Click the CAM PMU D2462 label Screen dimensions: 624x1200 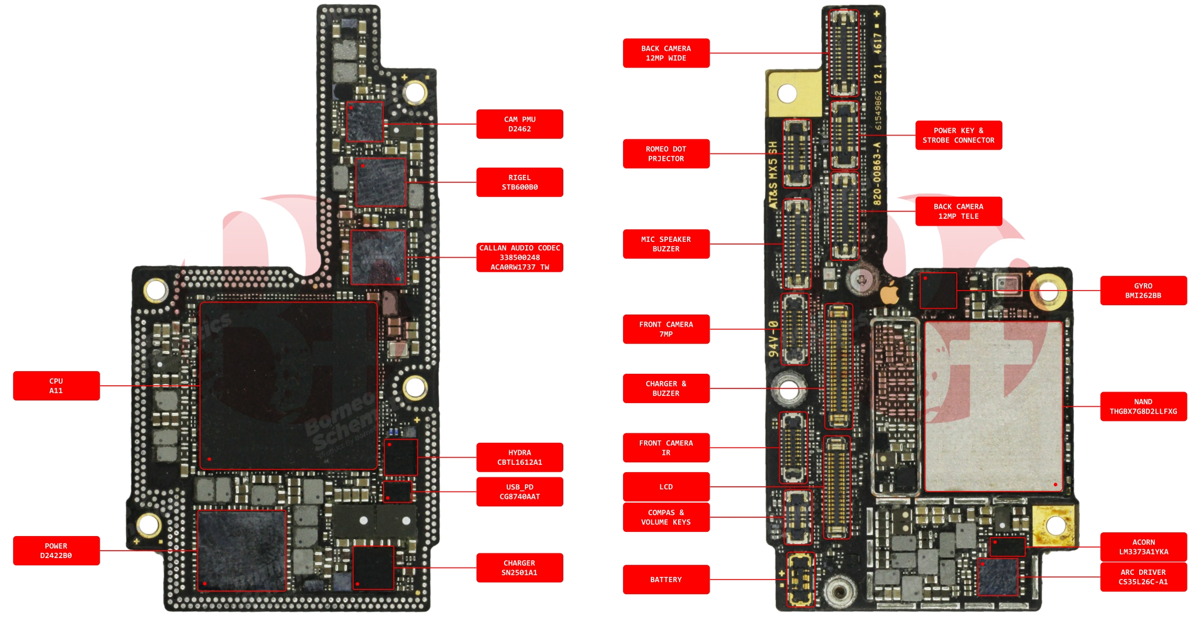click(519, 124)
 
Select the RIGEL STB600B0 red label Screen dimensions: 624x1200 click(519, 182)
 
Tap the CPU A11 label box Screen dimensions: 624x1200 click(56, 386)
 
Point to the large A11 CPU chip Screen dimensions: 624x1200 click(288, 386)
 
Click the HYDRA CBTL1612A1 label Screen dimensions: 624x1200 click(519, 458)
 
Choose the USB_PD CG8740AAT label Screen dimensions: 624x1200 click(519, 492)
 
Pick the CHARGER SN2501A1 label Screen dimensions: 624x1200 click(519, 568)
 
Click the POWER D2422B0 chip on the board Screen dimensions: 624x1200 click(242, 551)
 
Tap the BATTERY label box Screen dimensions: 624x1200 click(666, 580)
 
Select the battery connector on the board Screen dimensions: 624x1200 click(800, 580)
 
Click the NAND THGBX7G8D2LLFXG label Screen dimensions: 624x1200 click(1143, 406)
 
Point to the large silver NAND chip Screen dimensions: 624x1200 click(994, 406)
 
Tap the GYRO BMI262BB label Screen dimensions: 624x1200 click(1143, 291)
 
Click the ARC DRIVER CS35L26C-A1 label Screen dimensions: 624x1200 click(1143, 577)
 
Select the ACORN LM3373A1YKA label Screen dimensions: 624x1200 click(1143, 547)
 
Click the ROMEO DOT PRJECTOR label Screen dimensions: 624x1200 click(666, 154)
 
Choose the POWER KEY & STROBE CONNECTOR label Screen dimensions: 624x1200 click(958, 136)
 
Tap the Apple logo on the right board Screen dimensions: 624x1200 click(889, 294)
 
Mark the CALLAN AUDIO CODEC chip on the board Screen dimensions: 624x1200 click(378, 257)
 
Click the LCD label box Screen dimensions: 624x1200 click(666, 487)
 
